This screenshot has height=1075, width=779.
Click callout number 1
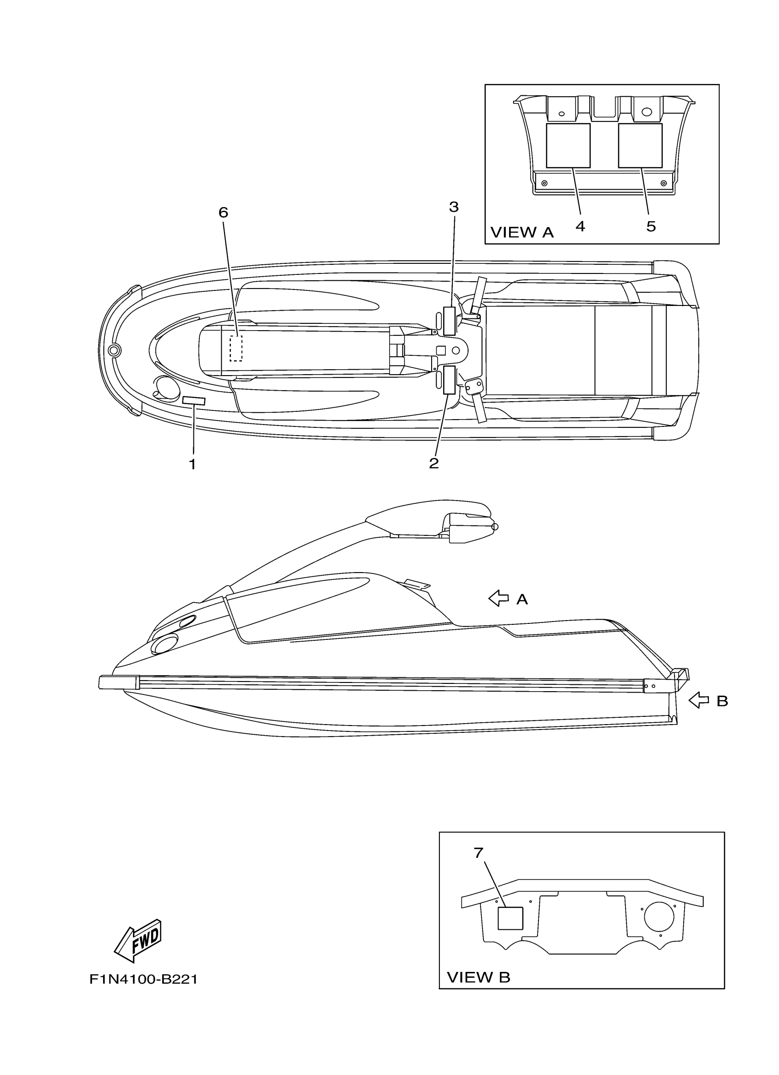pos(192,464)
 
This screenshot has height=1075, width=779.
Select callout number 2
pos(433,463)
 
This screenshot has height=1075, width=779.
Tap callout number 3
pos(454,207)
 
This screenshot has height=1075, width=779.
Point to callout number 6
pos(223,213)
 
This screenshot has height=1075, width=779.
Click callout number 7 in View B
pos(478,853)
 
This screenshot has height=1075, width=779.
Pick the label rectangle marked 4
pos(568,146)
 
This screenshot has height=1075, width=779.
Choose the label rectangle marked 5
pos(640,146)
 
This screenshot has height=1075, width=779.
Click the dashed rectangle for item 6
pos(236,349)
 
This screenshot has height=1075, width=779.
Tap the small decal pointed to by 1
pos(193,401)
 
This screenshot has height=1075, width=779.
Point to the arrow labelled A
pos(498,598)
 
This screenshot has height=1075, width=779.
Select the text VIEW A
pos(521,232)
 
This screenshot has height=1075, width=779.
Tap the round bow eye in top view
pos(114,351)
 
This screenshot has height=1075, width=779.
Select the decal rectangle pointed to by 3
pos(449,321)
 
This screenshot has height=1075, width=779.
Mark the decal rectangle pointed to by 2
pos(449,380)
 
